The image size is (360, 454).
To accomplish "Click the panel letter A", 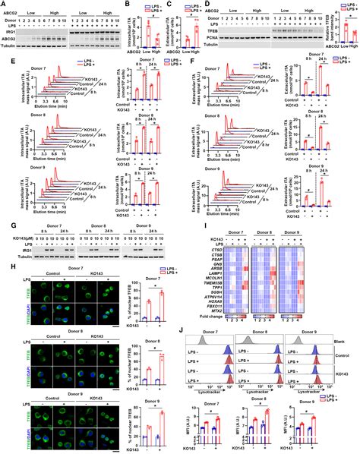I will (4, 5).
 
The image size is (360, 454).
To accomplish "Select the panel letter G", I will (4, 223).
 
